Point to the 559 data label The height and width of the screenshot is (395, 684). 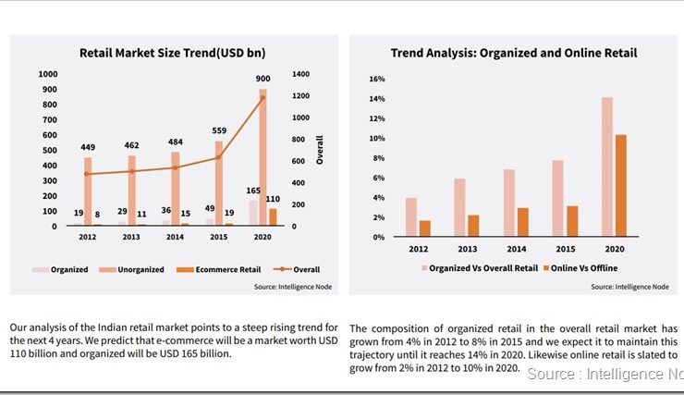(219, 130)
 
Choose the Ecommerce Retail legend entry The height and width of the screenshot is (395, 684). (223, 269)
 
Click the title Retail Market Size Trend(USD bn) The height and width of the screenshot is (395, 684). (175, 54)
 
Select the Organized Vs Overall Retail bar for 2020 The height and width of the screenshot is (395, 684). (607, 167)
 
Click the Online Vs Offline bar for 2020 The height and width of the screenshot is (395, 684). (621, 186)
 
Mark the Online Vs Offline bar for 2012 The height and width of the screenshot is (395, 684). (424, 228)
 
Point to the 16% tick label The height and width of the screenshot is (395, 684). (376, 80)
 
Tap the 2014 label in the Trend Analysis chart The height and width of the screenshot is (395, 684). (516, 249)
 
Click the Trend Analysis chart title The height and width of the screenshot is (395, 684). (513, 54)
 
